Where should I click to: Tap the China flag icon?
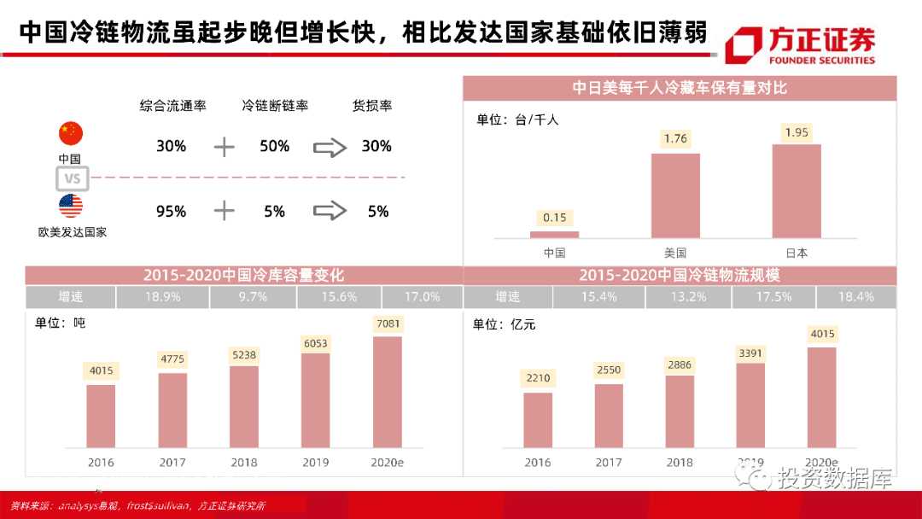(x=71, y=133)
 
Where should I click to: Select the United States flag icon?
(x=71, y=207)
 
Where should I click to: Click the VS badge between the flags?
(x=73, y=178)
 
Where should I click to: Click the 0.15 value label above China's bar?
(x=554, y=217)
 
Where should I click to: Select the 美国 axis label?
(x=675, y=253)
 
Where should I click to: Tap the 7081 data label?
(x=387, y=324)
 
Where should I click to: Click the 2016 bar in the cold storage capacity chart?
(x=101, y=416)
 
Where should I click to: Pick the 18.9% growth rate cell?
(x=162, y=297)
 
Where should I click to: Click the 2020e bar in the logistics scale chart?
(x=821, y=397)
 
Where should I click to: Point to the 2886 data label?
(x=680, y=364)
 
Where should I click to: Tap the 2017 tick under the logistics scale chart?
(x=609, y=463)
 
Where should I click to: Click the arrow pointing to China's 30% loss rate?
(x=330, y=147)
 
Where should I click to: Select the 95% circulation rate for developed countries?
(x=171, y=211)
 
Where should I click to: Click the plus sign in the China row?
(x=224, y=147)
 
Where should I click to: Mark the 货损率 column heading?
(x=372, y=106)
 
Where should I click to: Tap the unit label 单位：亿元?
(x=505, y=324)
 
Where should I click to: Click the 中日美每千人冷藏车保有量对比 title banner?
(x=680, y=88)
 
